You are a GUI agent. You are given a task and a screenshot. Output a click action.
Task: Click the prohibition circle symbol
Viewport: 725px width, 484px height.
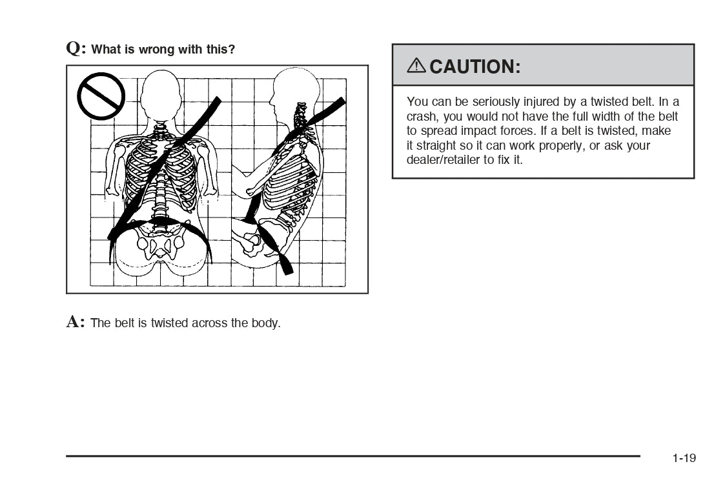(101, 96)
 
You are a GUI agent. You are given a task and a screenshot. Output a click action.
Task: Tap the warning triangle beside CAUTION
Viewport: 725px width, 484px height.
(416, 66)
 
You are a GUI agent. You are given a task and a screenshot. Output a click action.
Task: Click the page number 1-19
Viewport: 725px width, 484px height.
(684, 458)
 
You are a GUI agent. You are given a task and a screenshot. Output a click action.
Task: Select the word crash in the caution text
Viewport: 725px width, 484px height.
(422, 117)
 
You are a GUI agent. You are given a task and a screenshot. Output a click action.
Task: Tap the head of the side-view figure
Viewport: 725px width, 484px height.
(294, 92)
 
